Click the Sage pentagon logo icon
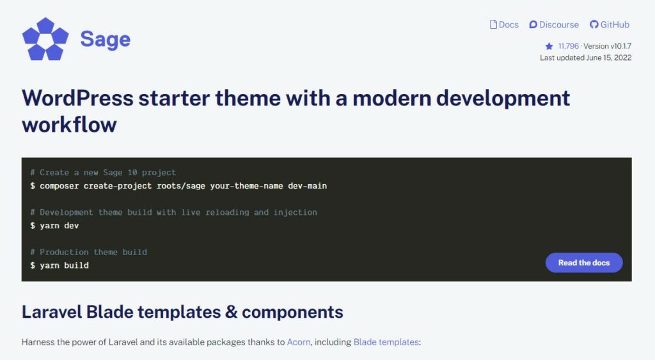45,39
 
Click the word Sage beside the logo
105,40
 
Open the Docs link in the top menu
504,25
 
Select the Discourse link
554,25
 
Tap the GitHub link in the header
610,25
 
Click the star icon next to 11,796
549,46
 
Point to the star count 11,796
568,46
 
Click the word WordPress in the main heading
77,98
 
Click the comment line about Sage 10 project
103,173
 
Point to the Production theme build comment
88,252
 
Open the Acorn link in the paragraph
299,342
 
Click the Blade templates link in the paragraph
386,342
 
